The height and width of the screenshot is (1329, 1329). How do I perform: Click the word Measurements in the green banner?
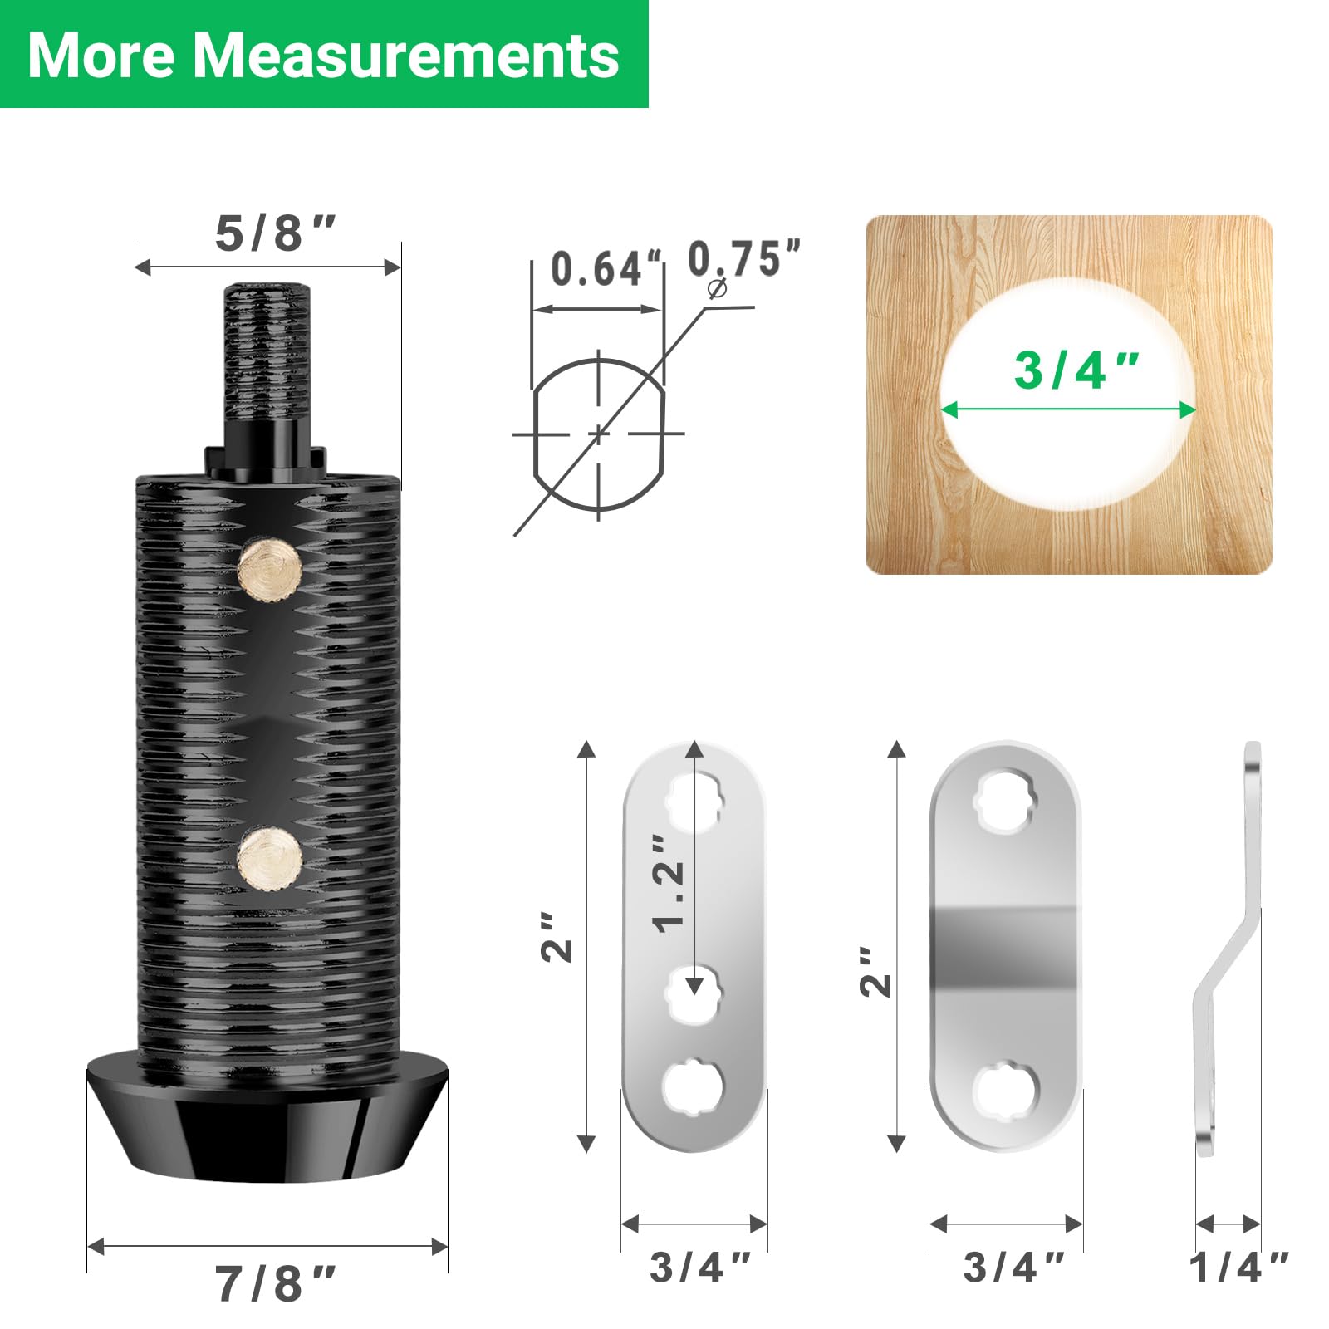click(406, 56)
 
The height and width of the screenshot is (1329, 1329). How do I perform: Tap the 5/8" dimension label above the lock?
click(275, 233)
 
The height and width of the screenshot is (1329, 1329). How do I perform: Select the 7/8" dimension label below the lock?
click(275, 1284)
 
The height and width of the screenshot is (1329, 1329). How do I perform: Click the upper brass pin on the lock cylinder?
click(270, 566)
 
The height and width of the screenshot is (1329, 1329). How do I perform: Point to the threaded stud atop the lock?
click(267, 353)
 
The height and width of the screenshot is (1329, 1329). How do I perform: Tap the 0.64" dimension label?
click(609, 268)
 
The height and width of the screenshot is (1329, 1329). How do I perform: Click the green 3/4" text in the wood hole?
click(1076, 370)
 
